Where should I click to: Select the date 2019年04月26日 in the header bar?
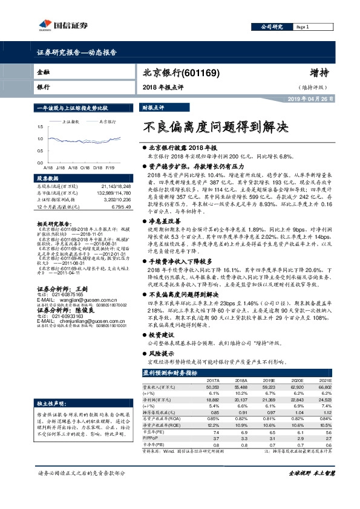point(307,99)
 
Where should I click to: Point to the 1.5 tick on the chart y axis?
point(41,128)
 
